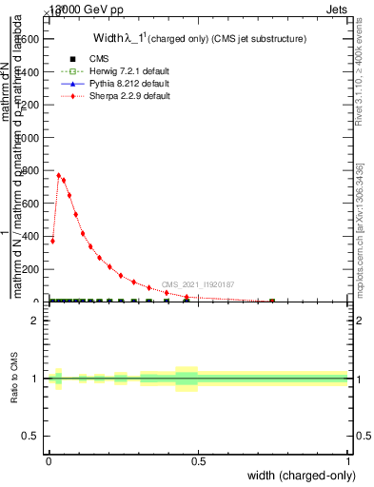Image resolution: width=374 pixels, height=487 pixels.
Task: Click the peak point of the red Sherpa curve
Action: pos(59,175)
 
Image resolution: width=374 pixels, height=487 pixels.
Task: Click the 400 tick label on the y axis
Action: pos(30,236)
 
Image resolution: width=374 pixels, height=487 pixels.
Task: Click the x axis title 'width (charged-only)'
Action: pos(296,476)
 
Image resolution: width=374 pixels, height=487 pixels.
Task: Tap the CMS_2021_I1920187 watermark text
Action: pos(197,284)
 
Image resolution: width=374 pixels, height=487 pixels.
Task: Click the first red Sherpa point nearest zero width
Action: pos(52,241)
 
